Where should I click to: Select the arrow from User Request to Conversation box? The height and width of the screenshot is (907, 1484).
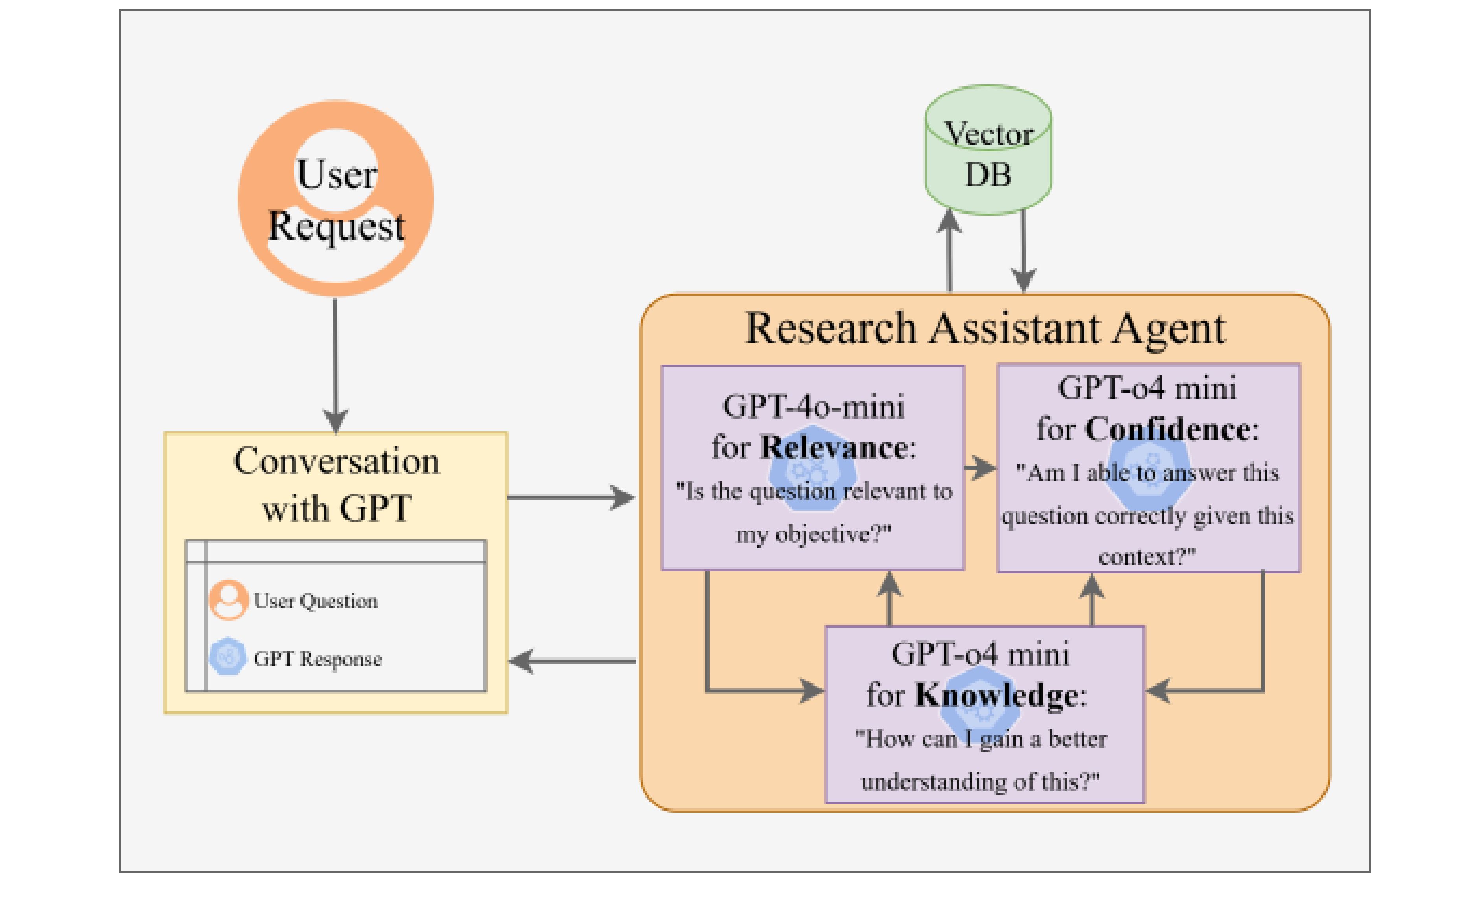pos(336,362)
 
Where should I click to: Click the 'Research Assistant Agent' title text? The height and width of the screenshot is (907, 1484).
pos(985,329)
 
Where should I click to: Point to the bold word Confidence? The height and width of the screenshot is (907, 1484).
pos(1167,430)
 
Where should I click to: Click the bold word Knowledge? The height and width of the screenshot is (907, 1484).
pos(997,695)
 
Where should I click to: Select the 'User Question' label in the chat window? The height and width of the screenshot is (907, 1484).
pos(316,600)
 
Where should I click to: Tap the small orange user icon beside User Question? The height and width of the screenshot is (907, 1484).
pos(228,600)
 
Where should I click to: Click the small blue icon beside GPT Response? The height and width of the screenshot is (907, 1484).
pos(228,656)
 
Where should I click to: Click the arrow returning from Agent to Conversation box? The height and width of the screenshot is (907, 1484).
pos(572,661)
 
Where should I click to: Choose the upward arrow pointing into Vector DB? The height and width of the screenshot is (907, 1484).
pos(950,253)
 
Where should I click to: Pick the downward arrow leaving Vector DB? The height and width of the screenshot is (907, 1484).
pos(1023,253)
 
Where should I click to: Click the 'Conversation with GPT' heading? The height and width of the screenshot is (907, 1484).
pos(337,485)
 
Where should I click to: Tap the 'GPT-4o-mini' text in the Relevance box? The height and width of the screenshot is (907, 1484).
pos(813,406)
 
